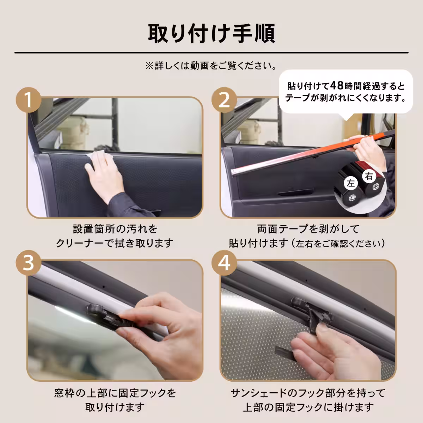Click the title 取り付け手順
click(x=211, y=33)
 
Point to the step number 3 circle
click(x=29, y=263)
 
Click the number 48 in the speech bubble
click(x=338, y=86)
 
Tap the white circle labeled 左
click(x=351, y=183)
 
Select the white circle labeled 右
click(x=369, y=176)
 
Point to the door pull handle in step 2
click(x=295, y=192)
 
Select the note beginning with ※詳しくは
click(x=211, y=66)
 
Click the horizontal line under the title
click(x=211, y=53)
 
